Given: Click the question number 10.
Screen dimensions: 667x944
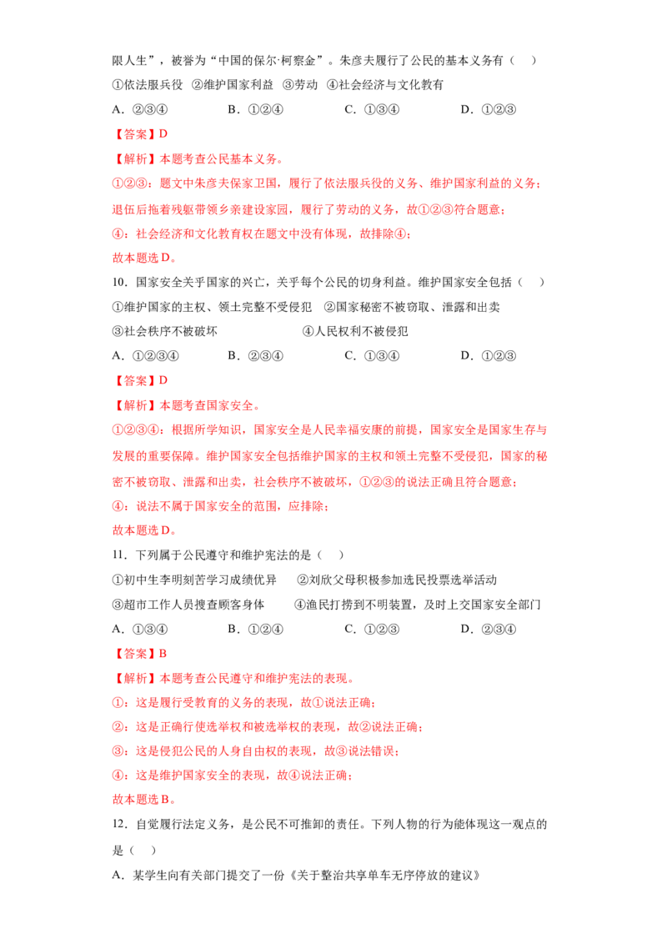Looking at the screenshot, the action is [x=119, y=283].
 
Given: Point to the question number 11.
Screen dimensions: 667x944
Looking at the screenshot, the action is [x=119, y=555].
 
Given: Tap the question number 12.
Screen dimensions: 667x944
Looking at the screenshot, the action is [x=119, y=824].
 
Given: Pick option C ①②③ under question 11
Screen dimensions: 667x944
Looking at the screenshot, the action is [x=372, y=629].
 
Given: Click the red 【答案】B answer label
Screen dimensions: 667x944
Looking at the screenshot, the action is [x=140, y=654].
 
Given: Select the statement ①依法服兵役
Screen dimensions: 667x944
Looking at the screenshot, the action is [x=148, y=85].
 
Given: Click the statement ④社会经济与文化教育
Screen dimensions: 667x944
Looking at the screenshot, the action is [x=385, y=85].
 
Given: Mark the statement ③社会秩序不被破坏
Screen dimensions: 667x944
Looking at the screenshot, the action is [x=165, y=331].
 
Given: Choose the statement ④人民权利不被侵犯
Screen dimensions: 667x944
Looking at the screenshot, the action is [x=355, y=331].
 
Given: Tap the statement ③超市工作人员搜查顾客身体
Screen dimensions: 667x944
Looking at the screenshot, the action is [x=188, y=605].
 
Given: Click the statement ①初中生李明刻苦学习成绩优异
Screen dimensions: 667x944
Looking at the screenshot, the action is [x=194, y=580].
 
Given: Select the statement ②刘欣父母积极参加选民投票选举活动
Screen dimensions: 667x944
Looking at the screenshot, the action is [x=398, y=580].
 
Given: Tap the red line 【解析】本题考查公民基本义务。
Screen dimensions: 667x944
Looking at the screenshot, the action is [x=198, y=159].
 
